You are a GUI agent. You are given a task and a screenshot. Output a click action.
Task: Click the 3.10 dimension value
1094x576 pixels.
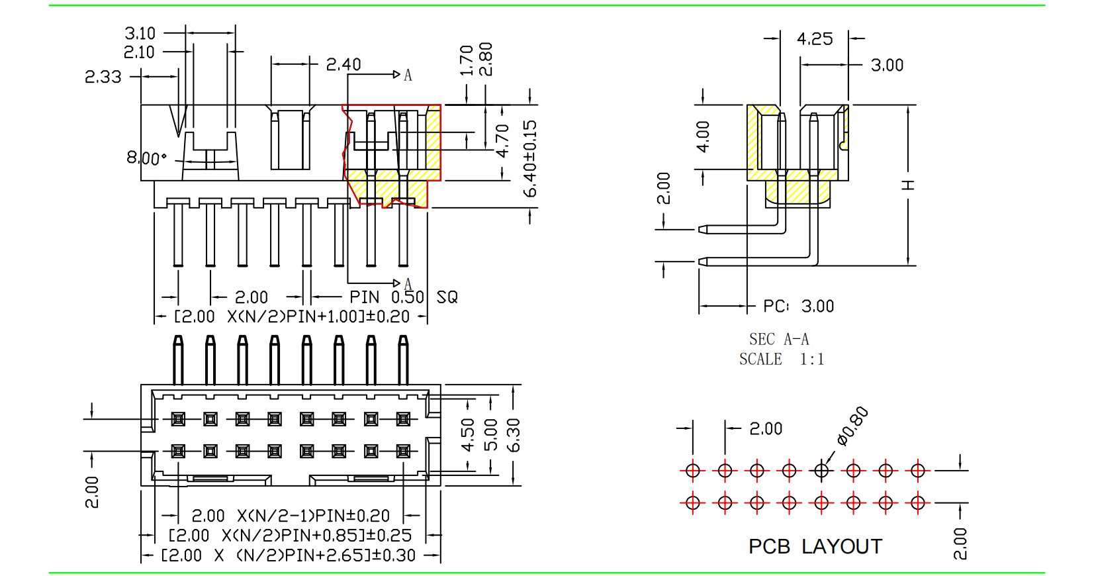pyautogui.click(x=140, y=33)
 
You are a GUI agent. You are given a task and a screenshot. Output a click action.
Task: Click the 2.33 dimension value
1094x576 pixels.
pyautogui.click(x=103, y=77)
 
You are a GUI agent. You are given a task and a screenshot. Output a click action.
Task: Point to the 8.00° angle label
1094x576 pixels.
pyautogui.click(x=146, y=158)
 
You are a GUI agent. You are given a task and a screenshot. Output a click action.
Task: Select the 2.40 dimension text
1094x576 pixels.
pyautogui.click(x=343, y=64)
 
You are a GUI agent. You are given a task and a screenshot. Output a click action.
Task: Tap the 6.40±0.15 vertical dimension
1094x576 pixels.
pyautogui.click(x=530, y=159)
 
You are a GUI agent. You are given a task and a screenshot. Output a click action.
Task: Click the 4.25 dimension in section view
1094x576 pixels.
pyautogui.click(x=815, y=39)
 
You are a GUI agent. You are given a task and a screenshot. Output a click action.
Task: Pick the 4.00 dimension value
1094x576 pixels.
pyautogui.click(x=703, y=136)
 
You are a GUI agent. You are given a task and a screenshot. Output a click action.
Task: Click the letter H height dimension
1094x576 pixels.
pyautogui.click(x=909, y=185)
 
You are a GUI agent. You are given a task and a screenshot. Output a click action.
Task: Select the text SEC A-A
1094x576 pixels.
pyautogui.click(x=779, y=340)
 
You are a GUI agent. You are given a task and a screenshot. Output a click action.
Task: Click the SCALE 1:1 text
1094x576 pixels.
pyautogui.click(x=782, y=360)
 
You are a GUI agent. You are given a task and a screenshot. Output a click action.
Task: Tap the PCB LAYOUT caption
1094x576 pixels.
pyautogui.click(x=815, y=547)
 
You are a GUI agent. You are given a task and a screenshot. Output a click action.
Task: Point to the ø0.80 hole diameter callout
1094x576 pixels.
pyautogui.click(x=852, y=426)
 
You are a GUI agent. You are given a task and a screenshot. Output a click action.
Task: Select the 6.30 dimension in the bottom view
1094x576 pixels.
pyautogui.click(x=514, y=435)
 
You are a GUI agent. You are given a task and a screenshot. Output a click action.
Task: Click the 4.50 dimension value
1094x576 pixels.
pyautogui.click(x=468, y=435)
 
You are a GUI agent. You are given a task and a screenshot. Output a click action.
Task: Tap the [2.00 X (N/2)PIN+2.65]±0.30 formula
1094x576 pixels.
pyautogui.click(x=289, y=555)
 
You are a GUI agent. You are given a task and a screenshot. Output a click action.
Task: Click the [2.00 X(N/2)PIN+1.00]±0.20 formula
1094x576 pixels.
pyautogui.click(x=292, y=316)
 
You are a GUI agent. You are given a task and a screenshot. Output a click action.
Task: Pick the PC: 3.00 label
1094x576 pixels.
pyautogui.click(x=798, y=307)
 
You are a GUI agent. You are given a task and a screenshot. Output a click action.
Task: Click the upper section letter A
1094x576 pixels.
pyautogui.click(x=408, y=75)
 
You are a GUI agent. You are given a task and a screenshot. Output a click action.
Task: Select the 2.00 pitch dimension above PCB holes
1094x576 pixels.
pyautogui.click(x=766, y=429)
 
